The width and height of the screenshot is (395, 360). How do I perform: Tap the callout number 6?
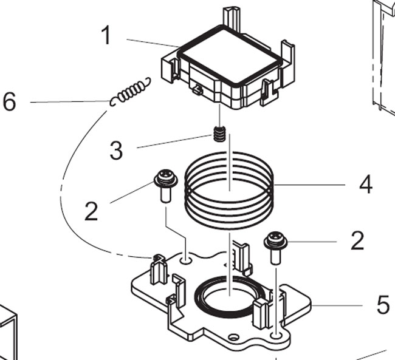tap(9, 101)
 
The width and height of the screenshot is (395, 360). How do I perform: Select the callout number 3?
tap(116, 149)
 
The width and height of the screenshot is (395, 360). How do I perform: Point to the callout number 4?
tap(365, 184)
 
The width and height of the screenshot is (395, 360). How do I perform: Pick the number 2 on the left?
tap(91, 211)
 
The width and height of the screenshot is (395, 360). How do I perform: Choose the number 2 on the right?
tap(357, 241)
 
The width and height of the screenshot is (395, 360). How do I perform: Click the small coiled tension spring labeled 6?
tap(129, 91)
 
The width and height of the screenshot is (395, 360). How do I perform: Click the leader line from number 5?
tap(340, 304)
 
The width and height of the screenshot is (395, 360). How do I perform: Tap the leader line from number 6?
tap(67, 102)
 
